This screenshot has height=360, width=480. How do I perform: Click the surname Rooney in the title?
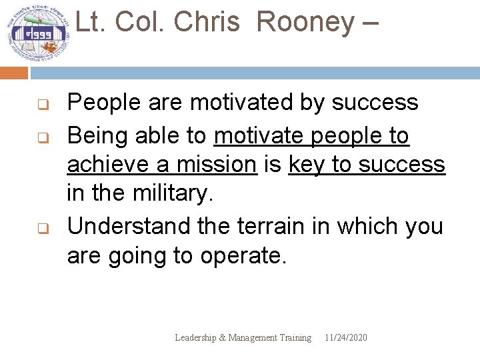pos(305,22)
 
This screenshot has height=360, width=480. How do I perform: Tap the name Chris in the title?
pos(206,22)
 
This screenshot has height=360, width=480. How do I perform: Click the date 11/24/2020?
pos(345,337)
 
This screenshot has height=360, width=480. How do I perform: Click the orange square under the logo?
pos(13,73)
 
